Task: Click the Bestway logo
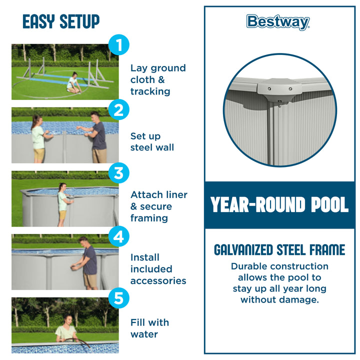click(278, 22)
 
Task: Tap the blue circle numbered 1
click(118, 45)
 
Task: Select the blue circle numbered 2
click(118, 109)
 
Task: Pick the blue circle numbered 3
click(118, 173)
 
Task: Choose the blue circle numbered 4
click(118, 236)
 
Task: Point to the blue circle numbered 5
click(118, 298)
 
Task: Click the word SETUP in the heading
click(79, 21)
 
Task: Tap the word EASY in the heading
click(39, 21)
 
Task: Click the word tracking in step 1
click(150, 91)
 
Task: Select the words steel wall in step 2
click(152, 147)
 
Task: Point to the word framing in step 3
click(149, 218)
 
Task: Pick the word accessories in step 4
click(158, 281)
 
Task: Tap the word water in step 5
click(144, 334)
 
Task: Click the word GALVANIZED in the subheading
click(243, 250)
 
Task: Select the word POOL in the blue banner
click(329, 204)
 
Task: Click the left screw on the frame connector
click(269, 88)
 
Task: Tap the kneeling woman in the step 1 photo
click(73, 82)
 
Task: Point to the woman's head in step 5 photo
click(67, 319)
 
